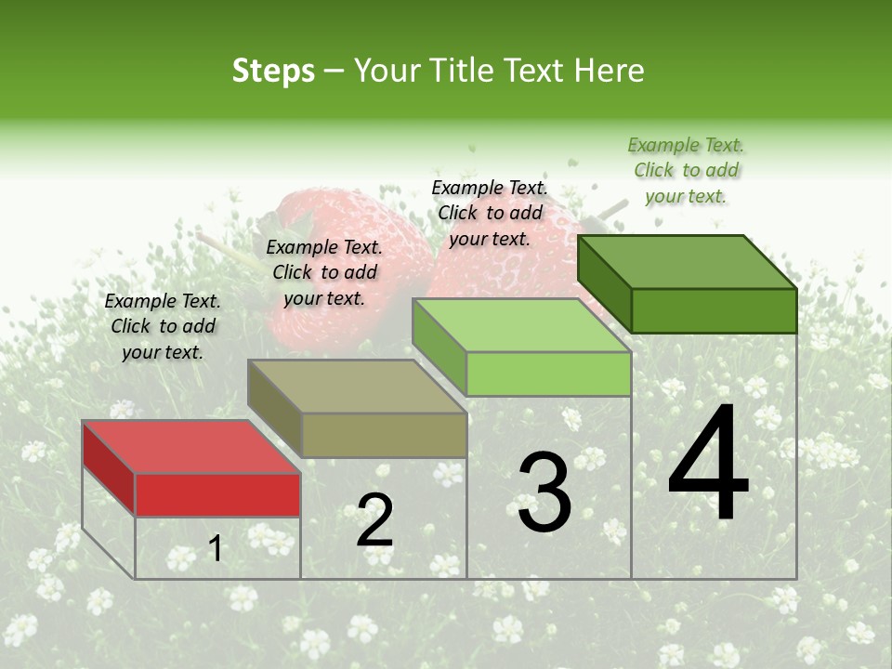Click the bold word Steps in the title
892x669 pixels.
pyautogui.click(x=273, y=71)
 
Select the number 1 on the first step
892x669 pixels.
pyautogui.click(x=216, y=549)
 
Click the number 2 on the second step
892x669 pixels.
pyautogui.click(x=374, y=520)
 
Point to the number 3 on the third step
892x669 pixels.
pyautogui.click(x=544, y=493)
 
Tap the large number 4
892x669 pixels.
pyautogui.click(x=708, y=465)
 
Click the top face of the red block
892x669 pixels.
pyautogui.click(x=190, y=447)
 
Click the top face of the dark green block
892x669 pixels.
pyautogui.click(x=687, y=262)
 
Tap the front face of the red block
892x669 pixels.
pyautogui.click(x=217, y=494)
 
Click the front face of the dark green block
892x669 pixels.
pyautogui.click(x=714, y=310)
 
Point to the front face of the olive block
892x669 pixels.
pyautogui.click(x=384, y=435)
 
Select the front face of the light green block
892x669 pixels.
pyautogui.click(x=548, y=374)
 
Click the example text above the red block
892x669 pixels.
pyautogui.click(x=163, y=326)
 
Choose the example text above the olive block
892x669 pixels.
pyautogui.click(x=324, y=272)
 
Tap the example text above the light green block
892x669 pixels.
pyautogui.click(x=490, y=213)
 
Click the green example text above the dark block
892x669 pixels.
pyautogui.click(x=686, y=170)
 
